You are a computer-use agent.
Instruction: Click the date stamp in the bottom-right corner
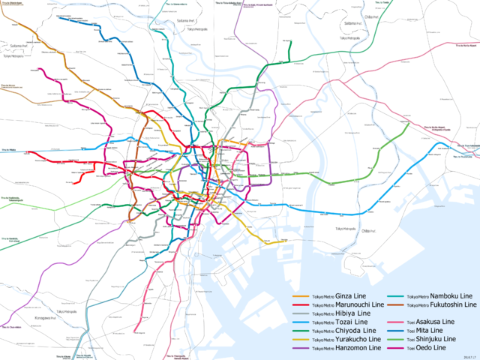tap(470, 357)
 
